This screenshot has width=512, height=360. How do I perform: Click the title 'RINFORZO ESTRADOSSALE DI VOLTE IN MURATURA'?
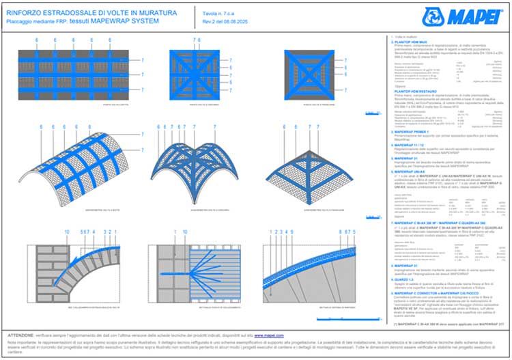[x=92, y=12]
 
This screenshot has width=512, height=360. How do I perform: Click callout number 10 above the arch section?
[x=67, y=232]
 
